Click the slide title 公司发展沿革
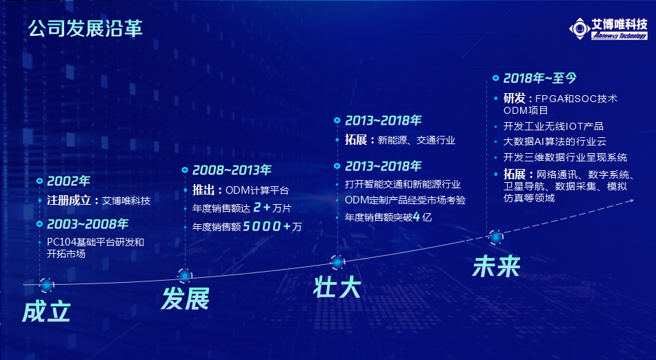pos(86,28)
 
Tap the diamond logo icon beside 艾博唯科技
pos(579,29)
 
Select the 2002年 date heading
pos(68,181)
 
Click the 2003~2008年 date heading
pos(88,224)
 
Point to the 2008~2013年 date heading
pos(232,170)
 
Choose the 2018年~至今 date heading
pos(539,78)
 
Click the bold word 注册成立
pos(68,200)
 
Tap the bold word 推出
pos(203,190)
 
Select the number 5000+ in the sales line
pos(267,227)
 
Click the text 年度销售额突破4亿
pos(388,217)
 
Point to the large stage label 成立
pos(46,312)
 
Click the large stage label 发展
pos(186,299)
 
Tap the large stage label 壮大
pos(337,288)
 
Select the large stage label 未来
pos(496,266)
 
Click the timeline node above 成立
pos(47,285)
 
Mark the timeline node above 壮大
pos(337,262)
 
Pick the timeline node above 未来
pos(496,237)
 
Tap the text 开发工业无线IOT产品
pos(553,126)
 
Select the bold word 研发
pos(514,98)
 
